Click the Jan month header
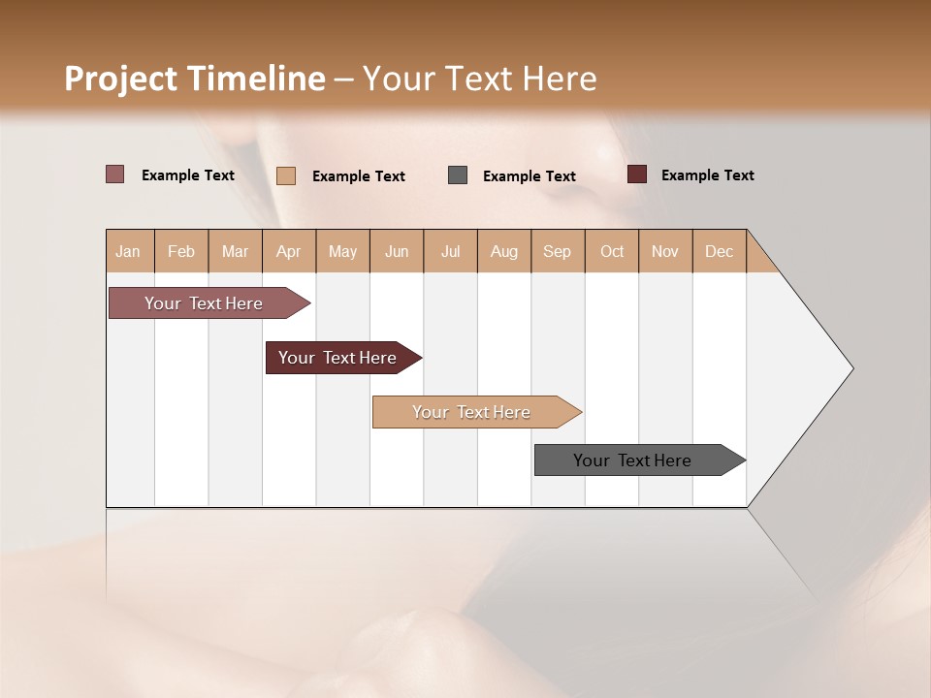[x=129, y=251]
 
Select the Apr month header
[x=289, y=251]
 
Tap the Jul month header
[x=451, y=251]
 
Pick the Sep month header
[x=558, y=251]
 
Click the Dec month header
[x=719, y=251]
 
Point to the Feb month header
[x=181, y=251]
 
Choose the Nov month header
[x=665, y=251]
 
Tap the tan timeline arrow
[x=473, y=412]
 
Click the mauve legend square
[x=114, y=174]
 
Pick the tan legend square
[x=286, y=175]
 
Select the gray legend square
[x=458, y=174]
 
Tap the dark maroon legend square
[x=637, y=174]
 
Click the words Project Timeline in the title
[x=194, y=79]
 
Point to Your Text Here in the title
[x=479, y=79]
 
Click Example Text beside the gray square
[x=530, y=175]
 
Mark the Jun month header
[x=397, y=251]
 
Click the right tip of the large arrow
[x=851, y=368]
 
